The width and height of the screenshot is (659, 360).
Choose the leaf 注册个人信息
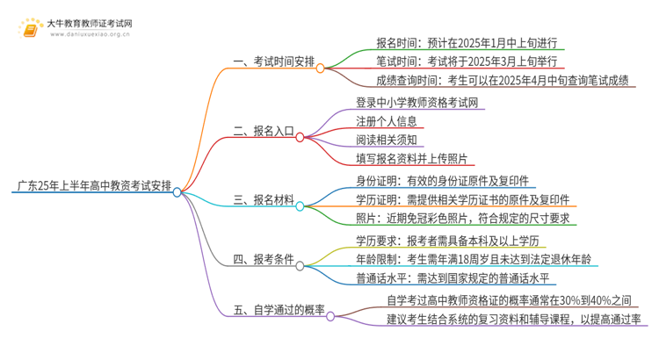[387, 121]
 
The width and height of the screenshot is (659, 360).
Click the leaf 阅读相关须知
[387, 140]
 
